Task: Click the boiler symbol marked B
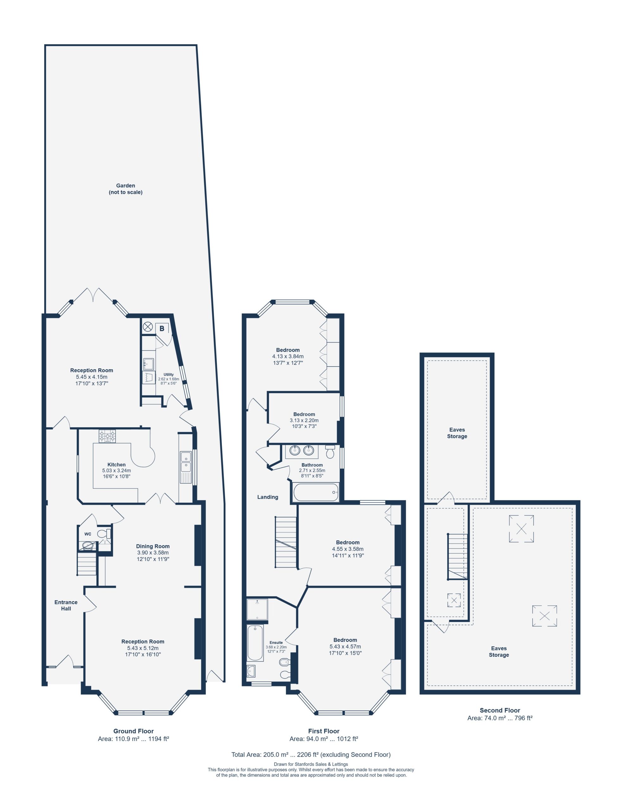(x=162, y=328)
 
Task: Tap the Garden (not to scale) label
(x=126, y=189)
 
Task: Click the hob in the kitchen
(x=107, y=436)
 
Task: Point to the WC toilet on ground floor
(x=104, y=534)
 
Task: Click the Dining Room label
(x=153, y=546)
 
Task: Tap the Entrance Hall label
(x=66, y=605)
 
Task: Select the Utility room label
(x=168, y=374)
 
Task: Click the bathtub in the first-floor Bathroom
(x=316, y=492)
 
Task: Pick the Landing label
(x=268, y=497)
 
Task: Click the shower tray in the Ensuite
(x=257, y=610)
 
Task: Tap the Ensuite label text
(x=276, y=643)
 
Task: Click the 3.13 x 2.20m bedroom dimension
(x=304, y=420)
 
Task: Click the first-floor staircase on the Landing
(x=286, y=542)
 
